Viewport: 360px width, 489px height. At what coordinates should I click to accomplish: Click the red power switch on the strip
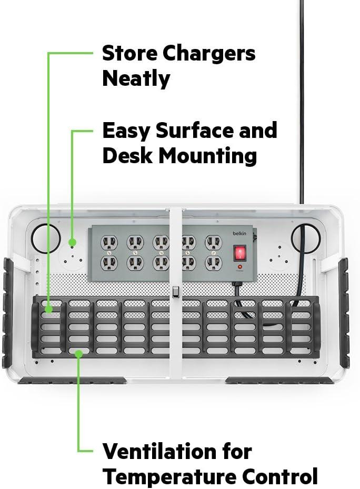(x=240, y=254)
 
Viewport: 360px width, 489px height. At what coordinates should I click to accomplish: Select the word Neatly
(x=136, y=78)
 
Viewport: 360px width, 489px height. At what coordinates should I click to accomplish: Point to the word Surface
(x=191, y=130)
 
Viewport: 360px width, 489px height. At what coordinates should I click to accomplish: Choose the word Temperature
(x=169, y=476)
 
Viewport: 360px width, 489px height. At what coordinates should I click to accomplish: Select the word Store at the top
(x=129, y=53)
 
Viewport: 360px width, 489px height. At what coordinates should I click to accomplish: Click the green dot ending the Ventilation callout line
(x=78, y=354)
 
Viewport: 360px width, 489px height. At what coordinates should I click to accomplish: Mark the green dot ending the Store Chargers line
(x=48, y=310)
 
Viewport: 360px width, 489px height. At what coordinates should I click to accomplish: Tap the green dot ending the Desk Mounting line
(x=72, y=243)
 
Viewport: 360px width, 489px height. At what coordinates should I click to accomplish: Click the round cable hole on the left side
(x=45, y=237)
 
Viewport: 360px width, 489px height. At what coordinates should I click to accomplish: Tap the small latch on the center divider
(x=175, y=292)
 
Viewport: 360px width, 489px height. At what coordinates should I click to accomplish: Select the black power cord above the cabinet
(x=302, y=105)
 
